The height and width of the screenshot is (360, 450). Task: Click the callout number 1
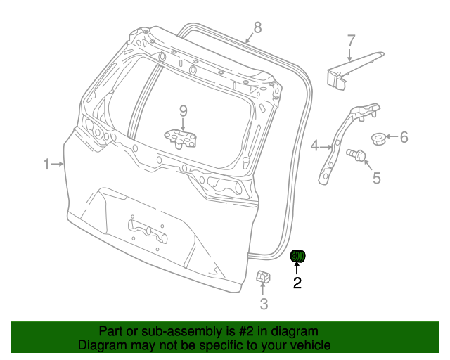pos(46,165)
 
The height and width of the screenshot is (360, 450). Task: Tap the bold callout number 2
pos(297,283)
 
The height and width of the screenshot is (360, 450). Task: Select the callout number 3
pos(264,304)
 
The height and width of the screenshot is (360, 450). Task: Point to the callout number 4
pos(315,146)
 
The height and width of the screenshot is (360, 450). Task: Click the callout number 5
pos(376,179)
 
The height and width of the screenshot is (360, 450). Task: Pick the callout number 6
pos(404,137)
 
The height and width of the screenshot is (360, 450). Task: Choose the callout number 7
pos(351,41)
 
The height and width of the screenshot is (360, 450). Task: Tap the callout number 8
pos(257,27)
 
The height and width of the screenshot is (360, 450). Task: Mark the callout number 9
pos(183,111)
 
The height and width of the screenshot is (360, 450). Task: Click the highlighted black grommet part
pos(298,257)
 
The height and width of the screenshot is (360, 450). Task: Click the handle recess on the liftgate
pos(147,230)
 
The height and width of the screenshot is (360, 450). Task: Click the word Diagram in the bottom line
pos(101,345)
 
